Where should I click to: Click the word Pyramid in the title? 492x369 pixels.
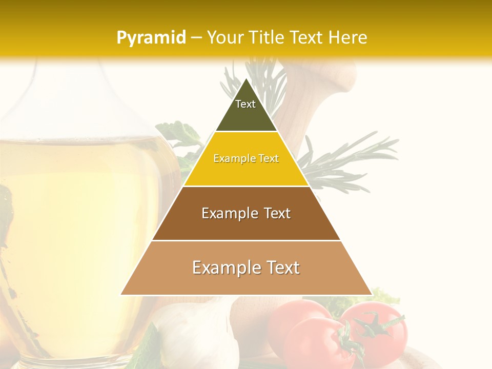(151, 37)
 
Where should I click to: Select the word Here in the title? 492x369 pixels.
(348, 37)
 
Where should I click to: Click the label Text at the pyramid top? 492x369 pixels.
(245, 104)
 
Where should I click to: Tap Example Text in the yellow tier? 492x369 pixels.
(246, 158)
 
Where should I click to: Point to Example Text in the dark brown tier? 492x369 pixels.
(246, 213)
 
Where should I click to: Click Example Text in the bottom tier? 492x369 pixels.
(246, 268)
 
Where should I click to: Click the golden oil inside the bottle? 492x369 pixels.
(77, 205)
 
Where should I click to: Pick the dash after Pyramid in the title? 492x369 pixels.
(196, 37)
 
